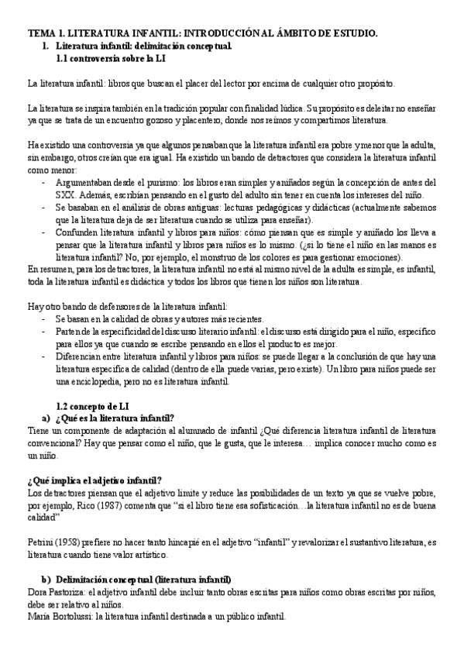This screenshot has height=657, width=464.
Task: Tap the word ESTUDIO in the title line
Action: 353,33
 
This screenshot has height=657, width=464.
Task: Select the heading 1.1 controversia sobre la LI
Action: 112,58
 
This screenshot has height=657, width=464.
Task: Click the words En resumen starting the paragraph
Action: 49,269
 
